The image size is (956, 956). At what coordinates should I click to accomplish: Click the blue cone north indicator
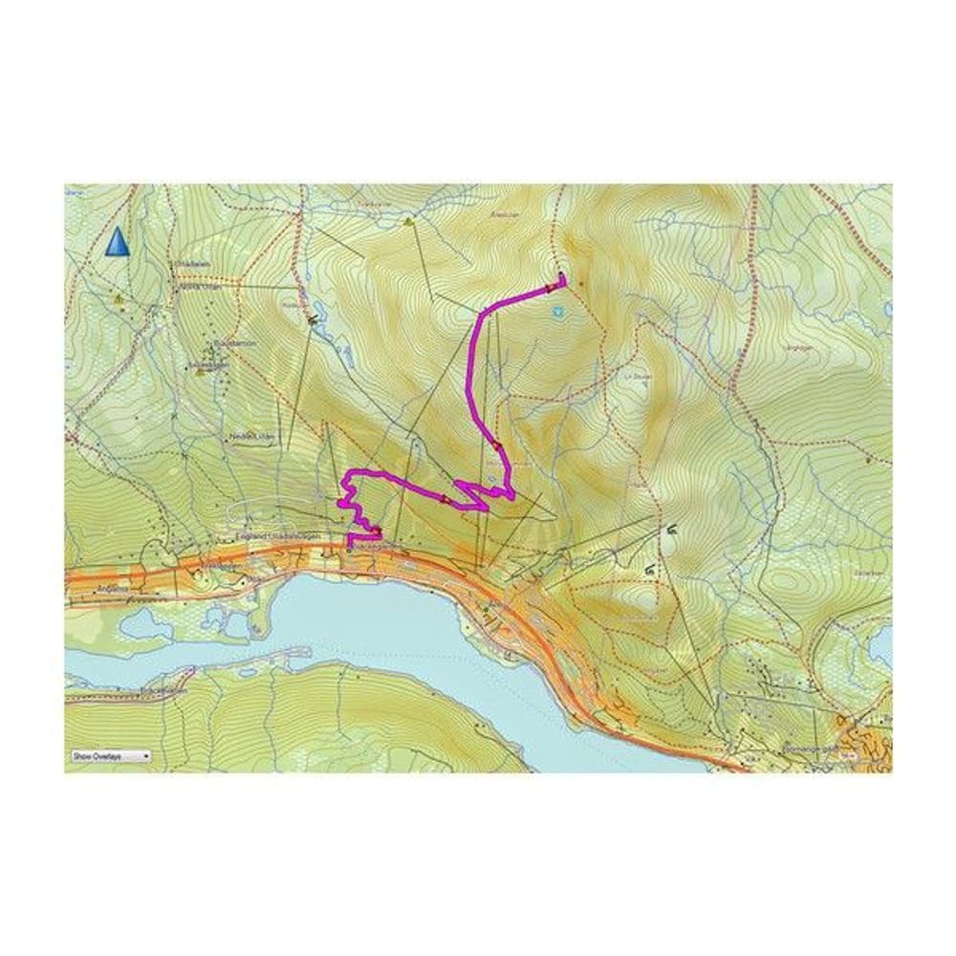click(x=117, y=242)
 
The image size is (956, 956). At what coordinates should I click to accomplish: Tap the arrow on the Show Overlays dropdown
click(x=145, y=755)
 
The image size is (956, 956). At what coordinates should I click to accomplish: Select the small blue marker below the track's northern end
click(x=556, y=311)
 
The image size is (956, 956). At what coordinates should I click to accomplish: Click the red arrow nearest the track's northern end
click(x=551, y=286)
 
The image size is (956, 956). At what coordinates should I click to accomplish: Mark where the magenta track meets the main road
click(x=350, y=547)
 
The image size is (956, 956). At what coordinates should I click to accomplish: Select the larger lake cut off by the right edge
click(x=880, y=645)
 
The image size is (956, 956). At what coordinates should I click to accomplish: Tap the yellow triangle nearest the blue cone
click(x=119, y=298)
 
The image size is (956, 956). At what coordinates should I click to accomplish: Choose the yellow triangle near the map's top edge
click(x=409, y=222)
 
